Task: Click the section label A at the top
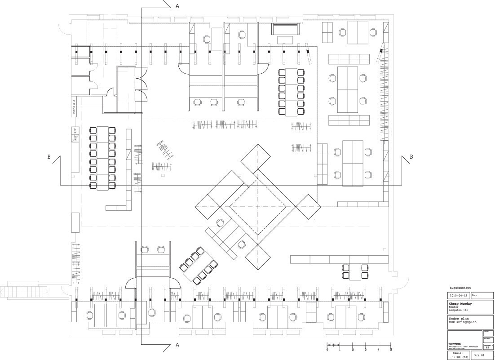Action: pyautogui.click(x=177, y=6)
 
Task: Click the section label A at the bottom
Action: pyautogui.click(x=177, y=345)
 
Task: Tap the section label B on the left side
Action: pyautogui.click(x=48, y=157)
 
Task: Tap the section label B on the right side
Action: pyautogui.click(x=411, y=157)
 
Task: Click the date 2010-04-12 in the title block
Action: pyautogui.click(x=459, y=295)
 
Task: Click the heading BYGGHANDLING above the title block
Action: pyautogui.click(x=460, y=287)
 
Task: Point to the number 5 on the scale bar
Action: pyautogui.click(x=391, y=349)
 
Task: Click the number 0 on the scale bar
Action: pyautogui.click(x=327, y=349)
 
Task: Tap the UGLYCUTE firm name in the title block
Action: pyautogui.click(x=455, y=344)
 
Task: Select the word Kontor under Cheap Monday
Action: pyautogui.click(x=454, y=307)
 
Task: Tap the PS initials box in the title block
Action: pyautogui.click(x=488, y=347)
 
